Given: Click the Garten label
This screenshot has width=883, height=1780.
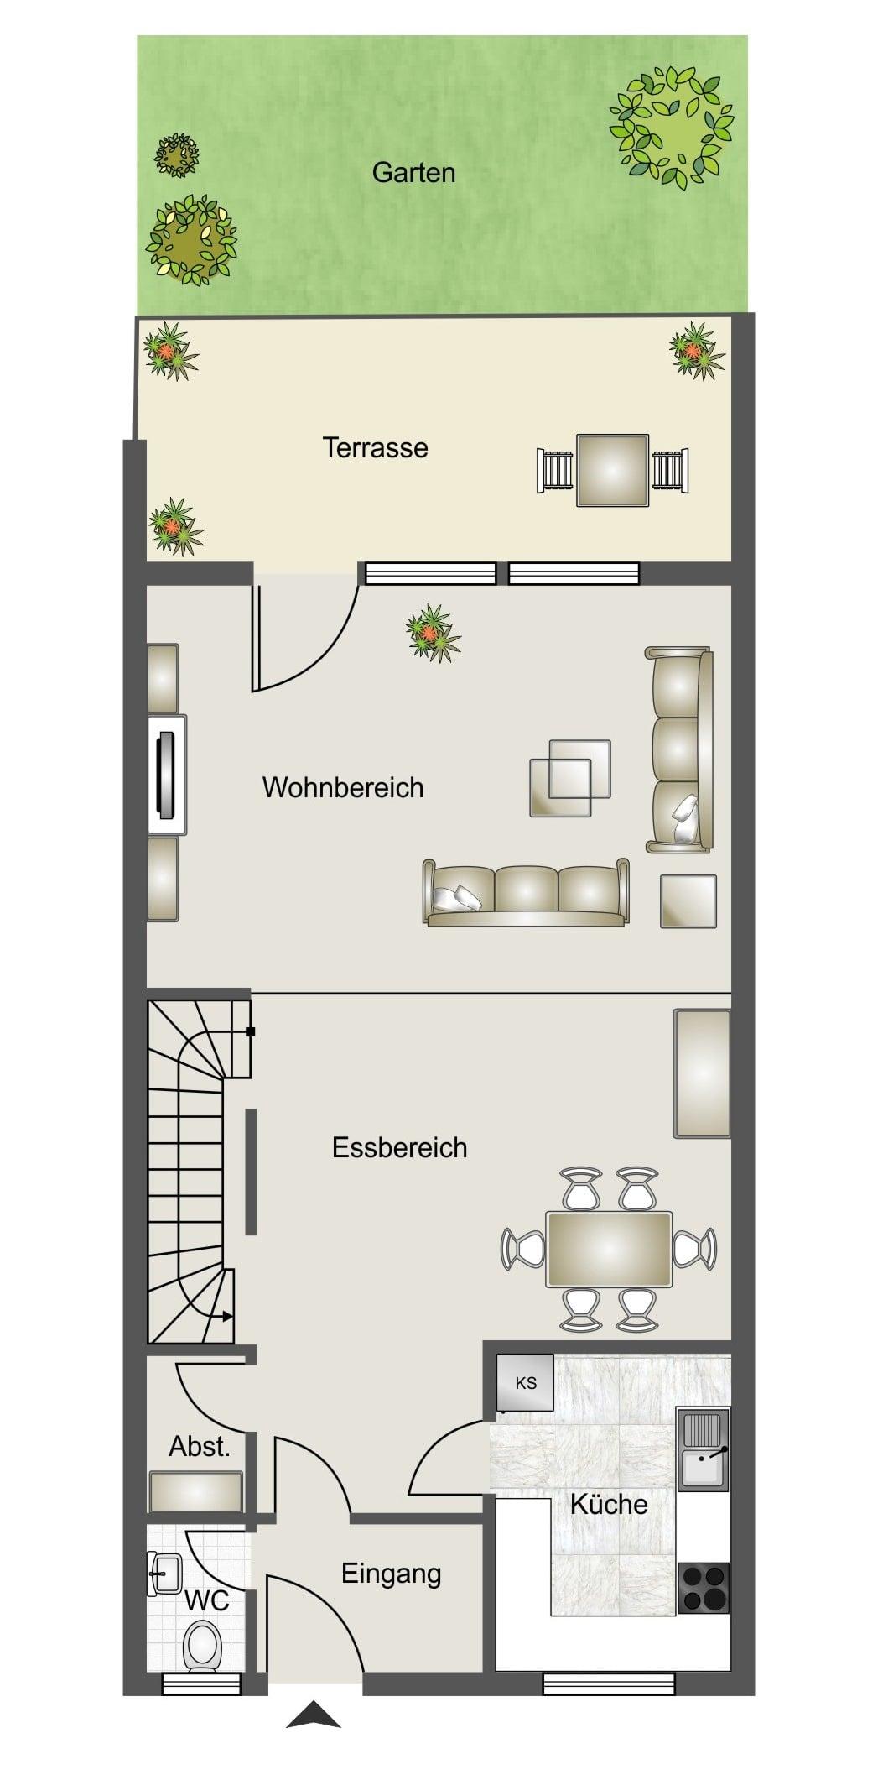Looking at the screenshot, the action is pyautogui.click(x=413, y=173).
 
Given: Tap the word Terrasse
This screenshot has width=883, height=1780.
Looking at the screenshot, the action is pyautogui.click(x=375, y=447).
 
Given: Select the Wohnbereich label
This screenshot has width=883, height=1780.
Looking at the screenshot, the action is pyautogui.click(x=343, y=787).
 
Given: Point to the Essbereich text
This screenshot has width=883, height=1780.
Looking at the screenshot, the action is pyautogui.click(x=399, y=1147).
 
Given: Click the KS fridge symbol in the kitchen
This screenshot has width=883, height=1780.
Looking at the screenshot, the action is pyautogui.click(x=525, y=1382).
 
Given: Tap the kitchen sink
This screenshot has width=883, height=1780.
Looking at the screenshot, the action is pyautogui.click(x=704, y=1449).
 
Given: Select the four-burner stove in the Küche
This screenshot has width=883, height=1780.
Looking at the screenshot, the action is pyautogui.click(x=704, y=1588).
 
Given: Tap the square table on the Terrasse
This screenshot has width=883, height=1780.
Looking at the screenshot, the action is pyautogui.click(x=612, y=470).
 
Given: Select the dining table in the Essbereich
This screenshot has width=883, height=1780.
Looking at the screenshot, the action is pyautogui.click(x=609, y=1249).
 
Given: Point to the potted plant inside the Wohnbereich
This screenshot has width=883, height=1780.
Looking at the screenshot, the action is pyautogui.click(x=433, y=634).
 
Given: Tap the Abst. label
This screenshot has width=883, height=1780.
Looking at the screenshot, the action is pyautogui.click(x=200, y=1446).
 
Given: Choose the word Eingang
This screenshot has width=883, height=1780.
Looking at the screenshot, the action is pyautogui.click(x=391, y=1574).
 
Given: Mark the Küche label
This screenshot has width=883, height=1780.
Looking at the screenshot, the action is pyautogui.click(x=609, y=1503).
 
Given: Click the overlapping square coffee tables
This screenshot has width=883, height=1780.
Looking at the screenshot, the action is pyautogui.click(x=570, y=778).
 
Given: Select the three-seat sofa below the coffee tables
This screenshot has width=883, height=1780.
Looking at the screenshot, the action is pyautogui.click(x=526, y=892).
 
